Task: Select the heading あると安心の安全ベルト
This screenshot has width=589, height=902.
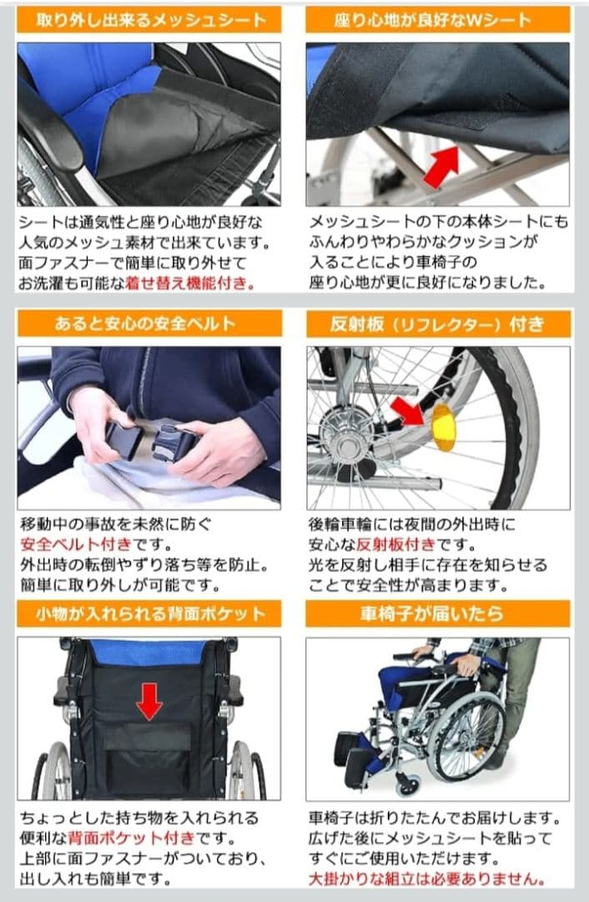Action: click(x=149, y=324)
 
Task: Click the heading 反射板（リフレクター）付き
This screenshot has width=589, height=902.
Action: click(x=438, y=324)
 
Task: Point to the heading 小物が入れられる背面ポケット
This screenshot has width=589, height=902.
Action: click(x=149, y=614)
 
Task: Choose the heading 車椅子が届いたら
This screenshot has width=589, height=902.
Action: click(x=438, y=614)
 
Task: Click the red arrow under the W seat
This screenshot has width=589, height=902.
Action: click(x=442, y=165)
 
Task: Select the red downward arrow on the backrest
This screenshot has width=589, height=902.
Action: click(x=149, y=700)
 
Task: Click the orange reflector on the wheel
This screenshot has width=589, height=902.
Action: click(x=443, y=427)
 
